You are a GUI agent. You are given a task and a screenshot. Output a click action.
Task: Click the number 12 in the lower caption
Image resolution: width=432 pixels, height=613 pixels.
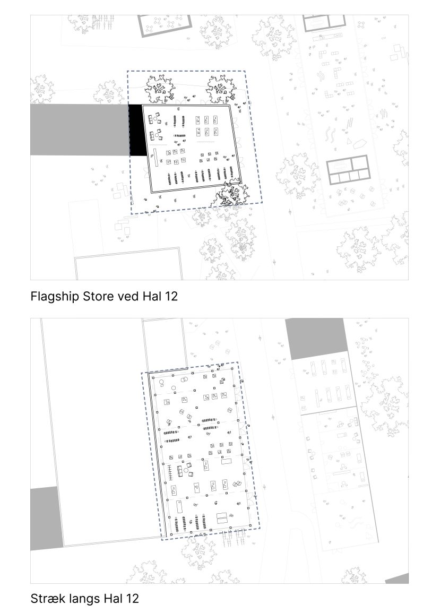point(132,599)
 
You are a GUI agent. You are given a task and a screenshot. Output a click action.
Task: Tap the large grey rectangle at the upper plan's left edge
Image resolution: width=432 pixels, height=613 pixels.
point(80,130)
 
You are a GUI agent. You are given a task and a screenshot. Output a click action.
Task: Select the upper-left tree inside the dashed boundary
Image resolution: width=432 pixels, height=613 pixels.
point(160,89)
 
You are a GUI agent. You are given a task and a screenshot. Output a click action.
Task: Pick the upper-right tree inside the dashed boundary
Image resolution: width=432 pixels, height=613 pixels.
point(221,89)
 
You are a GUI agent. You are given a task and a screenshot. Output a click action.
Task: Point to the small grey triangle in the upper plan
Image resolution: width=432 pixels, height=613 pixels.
point(348,141)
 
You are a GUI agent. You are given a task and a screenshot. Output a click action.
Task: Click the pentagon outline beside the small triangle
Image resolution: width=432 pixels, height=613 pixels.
point(359,144)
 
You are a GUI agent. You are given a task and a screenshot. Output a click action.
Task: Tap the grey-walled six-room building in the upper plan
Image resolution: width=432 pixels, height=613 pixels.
point(348,170)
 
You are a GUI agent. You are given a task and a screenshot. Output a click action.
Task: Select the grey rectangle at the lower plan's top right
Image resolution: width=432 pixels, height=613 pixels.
point(317,339)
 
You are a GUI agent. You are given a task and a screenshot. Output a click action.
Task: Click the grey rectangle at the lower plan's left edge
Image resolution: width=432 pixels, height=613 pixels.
point(46,518)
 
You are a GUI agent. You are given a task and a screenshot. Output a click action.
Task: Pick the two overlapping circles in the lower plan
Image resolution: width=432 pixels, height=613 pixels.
point(184,379)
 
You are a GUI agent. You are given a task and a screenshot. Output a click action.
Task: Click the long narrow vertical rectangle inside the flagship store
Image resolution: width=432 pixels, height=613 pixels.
point(155,158)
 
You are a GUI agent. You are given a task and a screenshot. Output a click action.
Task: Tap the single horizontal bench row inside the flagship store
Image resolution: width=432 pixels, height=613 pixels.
point(179,136)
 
